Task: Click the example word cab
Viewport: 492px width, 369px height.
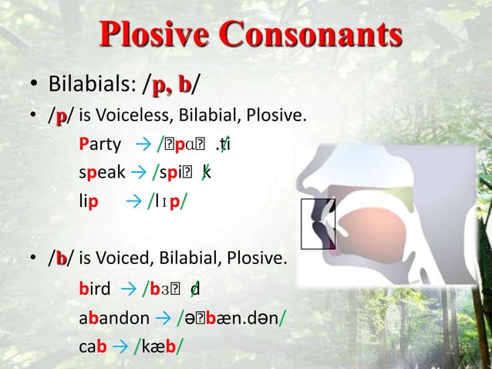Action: coord(93,347)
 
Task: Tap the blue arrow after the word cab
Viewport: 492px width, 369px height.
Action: coord(121,347)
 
